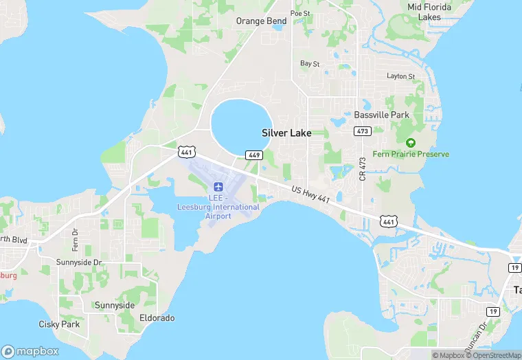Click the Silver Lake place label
coord(286,133)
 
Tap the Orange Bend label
coord(261,21)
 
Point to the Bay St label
coord(310,64)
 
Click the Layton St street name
coord(400,76)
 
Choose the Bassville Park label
coord(381,115)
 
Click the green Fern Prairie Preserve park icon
coord(411,143)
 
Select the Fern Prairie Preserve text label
coord(411,154)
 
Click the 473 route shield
coord(362,131)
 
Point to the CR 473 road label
coord(362,167)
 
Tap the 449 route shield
coord(253,155)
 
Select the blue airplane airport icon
coord(218,186)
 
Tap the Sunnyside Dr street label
coord(78,262)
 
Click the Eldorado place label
coord(157,318)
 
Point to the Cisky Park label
coord(59,324)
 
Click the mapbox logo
coord(30,351)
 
